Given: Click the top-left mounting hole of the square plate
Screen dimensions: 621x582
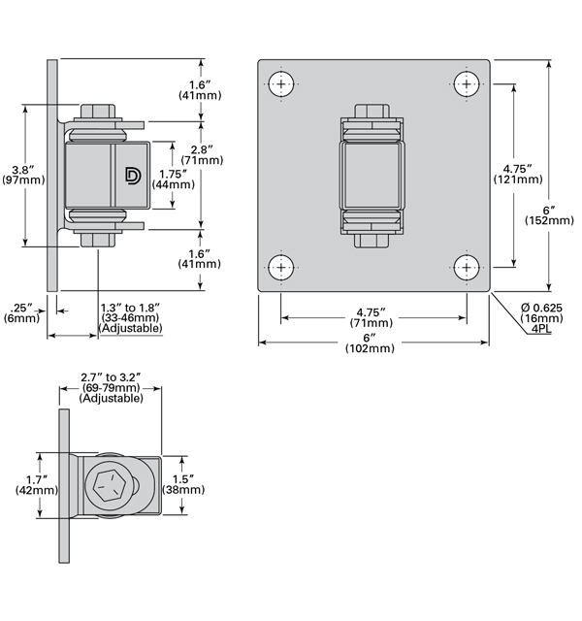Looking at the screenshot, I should coord(281,83).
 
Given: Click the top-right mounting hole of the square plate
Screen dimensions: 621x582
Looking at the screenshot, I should coord(468,83).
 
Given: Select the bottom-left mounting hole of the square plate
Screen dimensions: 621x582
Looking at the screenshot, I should coord(281,267).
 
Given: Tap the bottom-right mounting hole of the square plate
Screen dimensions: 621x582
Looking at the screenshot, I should coord(468,267).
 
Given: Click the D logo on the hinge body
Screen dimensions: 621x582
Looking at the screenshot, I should coord(133,175).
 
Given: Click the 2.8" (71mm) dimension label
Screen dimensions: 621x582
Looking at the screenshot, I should coord(202,154).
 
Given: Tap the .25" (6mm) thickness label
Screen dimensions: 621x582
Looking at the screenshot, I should coord(21,311).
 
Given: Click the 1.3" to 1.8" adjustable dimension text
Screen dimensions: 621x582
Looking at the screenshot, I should coord(130,317).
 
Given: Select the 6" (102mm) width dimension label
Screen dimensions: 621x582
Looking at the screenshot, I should coord(372,342).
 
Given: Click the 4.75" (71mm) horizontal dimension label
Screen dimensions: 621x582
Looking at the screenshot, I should coord(372,317).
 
